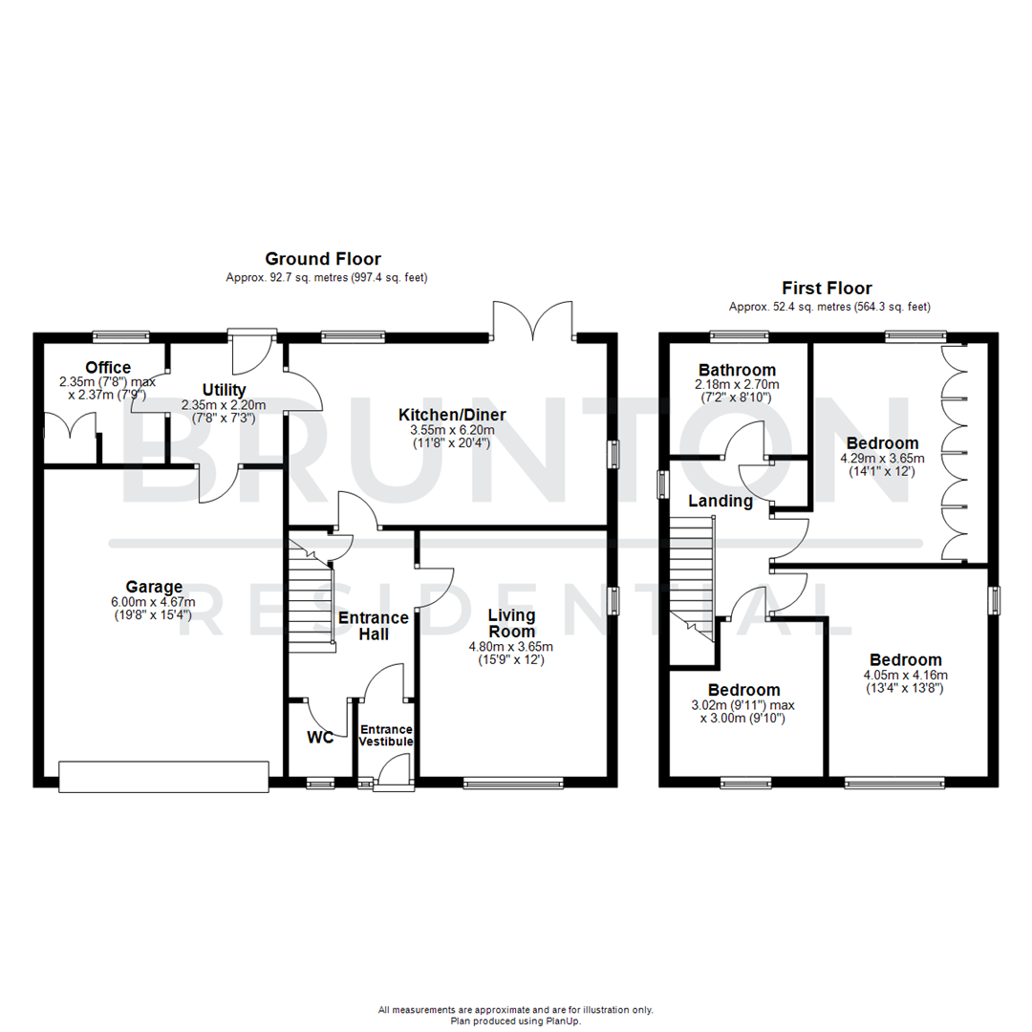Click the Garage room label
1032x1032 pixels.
pos(154,587)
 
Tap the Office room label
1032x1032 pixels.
pos(108,368)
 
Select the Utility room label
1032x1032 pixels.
pos(224,390)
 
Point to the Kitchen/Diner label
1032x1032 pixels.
pos(452,415)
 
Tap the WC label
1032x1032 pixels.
pos(319,738)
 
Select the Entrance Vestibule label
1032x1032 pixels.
pos(386,735)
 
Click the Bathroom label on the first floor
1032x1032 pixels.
pos(737,370)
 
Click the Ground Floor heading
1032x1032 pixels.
pos(322,259)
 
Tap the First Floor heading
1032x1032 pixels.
pos(827,288)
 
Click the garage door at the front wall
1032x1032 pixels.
pos(163,776)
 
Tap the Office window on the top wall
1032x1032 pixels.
pos(121,335)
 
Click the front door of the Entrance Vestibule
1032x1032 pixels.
pos(392,772)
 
